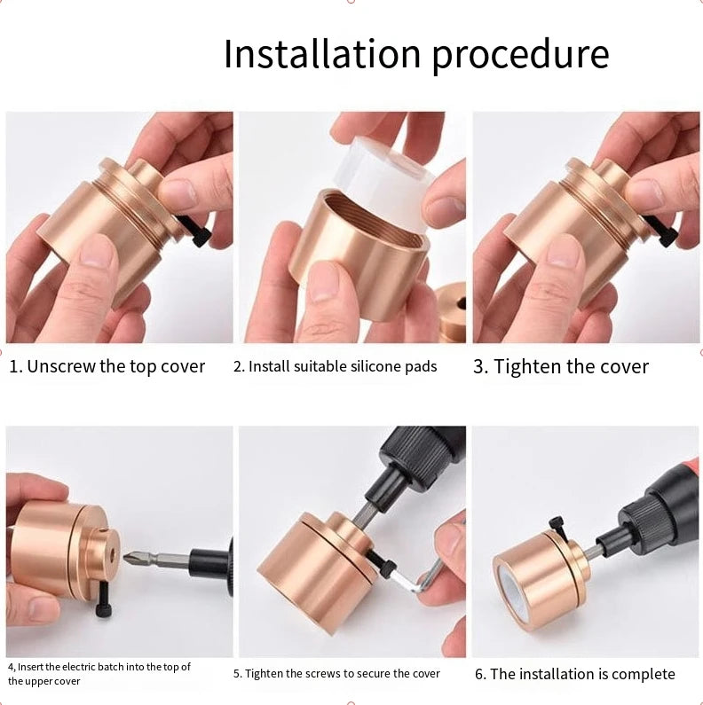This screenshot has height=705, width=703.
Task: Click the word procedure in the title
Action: tap(520, 55)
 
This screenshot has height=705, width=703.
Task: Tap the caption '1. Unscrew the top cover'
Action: tap(107, 366)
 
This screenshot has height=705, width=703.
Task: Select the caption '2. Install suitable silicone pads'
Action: tap(335, 366)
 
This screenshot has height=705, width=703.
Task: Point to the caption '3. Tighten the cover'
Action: tap(560, 366)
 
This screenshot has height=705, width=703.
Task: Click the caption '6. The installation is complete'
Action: tap(574, 674)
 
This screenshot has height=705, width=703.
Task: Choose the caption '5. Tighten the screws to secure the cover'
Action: tap(336, 674)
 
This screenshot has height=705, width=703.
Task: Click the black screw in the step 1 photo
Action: tap(198, 232)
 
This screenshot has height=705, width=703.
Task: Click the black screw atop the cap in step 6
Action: tap(557, 525)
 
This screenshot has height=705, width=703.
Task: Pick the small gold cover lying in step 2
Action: tap(452, 310)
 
